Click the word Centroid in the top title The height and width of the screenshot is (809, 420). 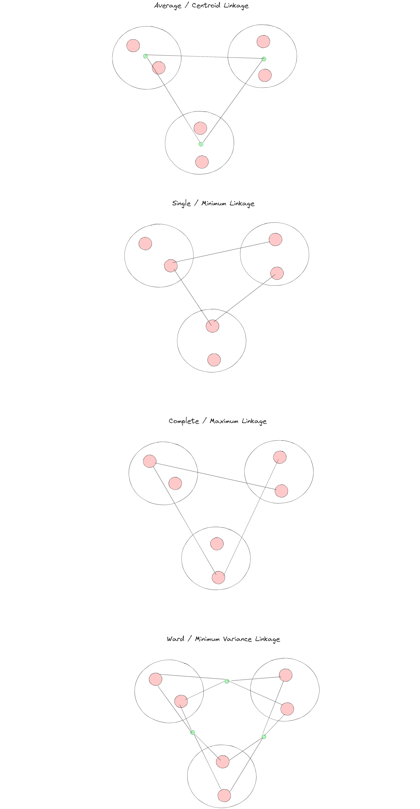pyautogui.click(x=206, y=6)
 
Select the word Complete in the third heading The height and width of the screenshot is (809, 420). pyautogui.click(x=184, y=421)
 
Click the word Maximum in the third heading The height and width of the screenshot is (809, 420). pyautogui.click(x=224, y=421)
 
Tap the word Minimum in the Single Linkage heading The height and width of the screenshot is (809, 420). pyautogui.click(x=213, y=204)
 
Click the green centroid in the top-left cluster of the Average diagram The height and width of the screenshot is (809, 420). pyautogui.click(x=145, y=56)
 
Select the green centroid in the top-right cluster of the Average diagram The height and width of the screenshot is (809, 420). pyautogui.click(x=264, y=59)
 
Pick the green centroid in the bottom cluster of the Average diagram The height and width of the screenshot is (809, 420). pyautogui.click(x=201, y=144)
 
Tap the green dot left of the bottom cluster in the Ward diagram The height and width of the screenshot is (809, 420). pyautogui.click(x=193, y=732)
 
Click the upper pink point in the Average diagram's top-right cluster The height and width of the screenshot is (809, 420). pyautogui.click(x=263, y=41)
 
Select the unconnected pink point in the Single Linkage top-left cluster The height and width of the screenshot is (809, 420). pyautogui.click(x=145, y=243)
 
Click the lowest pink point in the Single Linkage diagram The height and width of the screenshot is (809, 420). pyautogui.click(x=214, y=360)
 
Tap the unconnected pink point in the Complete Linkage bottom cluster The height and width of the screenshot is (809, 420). pyautogui.click(x=217, y=544)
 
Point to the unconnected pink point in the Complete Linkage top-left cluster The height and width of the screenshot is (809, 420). pyautogui.click(x=175, y=483)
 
